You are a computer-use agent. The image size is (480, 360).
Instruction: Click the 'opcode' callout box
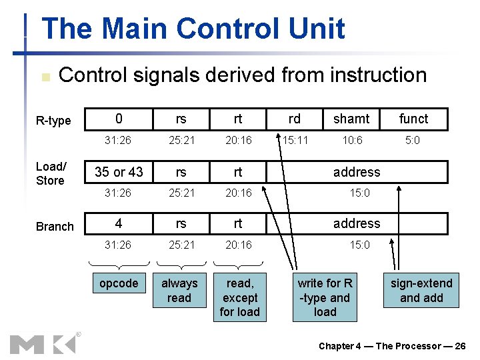(x=119, y=283)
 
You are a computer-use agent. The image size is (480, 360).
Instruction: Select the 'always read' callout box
(x=179, y=291)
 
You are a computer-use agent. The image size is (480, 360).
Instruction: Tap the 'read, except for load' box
(x=239, y=297)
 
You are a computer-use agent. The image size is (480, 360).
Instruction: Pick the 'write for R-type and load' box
(x=325, y=297)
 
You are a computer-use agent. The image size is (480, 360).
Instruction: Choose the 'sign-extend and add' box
(x=421, y=291)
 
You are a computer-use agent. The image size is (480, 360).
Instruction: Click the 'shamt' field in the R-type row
(x=351, y=119)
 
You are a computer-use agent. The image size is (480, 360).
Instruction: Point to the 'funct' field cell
(x=413, y=119)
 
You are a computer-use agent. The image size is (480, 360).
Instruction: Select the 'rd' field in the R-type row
(x=294, y=119)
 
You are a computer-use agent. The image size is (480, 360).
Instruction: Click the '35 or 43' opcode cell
(x=119, y=172)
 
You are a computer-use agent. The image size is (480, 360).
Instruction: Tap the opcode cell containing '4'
(x=119, y=223)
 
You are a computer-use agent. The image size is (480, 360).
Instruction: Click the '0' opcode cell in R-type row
(x=119, y=119)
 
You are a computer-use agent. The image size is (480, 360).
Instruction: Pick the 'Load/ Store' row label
(x=51, y=173)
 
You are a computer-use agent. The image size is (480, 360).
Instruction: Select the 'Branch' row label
(x=55, y=227)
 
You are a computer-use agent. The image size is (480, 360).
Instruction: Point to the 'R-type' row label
(x=53, y=121)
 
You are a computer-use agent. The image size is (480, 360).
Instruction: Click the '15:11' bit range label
(x=294, y=141)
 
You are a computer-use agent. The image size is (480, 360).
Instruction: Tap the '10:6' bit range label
(x=351, y=141)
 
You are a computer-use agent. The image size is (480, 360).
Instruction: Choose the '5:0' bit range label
(x=413, y=141)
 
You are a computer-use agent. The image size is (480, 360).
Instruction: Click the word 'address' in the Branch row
(x=357, y=223)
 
